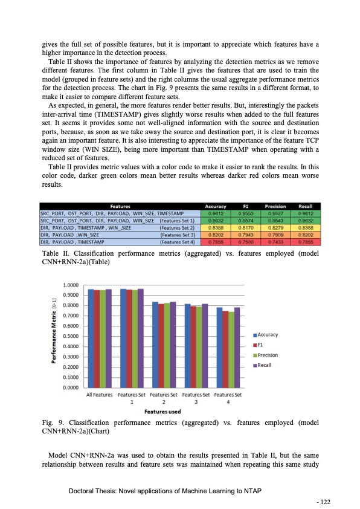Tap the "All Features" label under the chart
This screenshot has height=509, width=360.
(x=100, y=395)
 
